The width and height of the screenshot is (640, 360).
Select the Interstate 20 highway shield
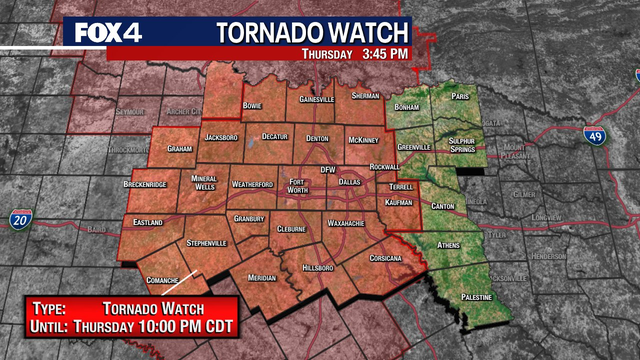pos(21,218)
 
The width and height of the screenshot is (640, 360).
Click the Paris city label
pos(459,97)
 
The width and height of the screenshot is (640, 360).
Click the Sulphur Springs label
pos(461,146)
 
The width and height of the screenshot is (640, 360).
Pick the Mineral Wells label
pos(203,181)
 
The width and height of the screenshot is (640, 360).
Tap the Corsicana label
pos(383,258)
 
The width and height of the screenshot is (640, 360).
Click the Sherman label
pos(367,96)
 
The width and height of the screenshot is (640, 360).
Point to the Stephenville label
pos(208,242)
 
